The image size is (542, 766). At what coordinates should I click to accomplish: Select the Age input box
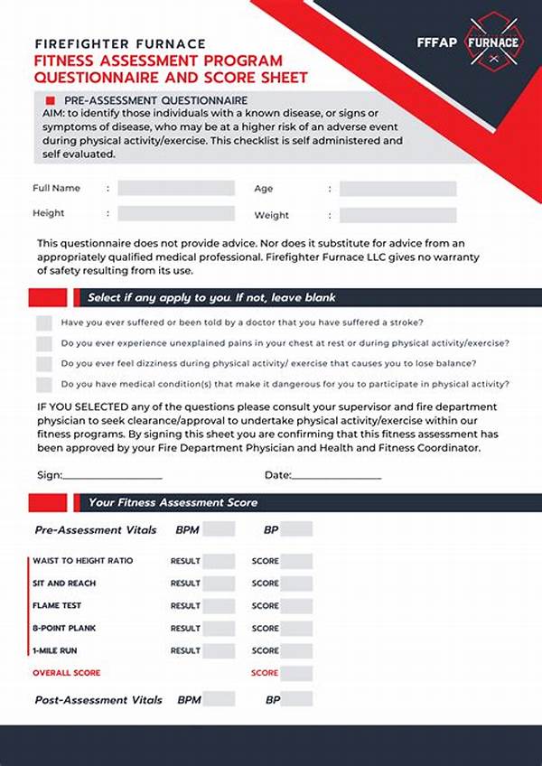click(397, 189)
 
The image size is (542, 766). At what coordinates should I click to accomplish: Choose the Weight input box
click(397, 215)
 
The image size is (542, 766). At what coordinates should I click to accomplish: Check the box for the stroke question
click(44, 322)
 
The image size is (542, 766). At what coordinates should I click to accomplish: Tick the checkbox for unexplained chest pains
click(44, 343)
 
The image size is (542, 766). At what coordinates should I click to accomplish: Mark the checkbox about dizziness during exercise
click(44, 363)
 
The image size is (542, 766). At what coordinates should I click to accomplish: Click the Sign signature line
click(112, 476)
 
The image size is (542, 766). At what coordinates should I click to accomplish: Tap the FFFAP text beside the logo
click(438, 42)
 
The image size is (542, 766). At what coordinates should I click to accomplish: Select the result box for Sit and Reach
click(219, 584)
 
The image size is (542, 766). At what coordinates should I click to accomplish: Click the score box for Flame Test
click(297, 605)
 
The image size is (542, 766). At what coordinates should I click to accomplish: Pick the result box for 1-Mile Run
click(219, 650)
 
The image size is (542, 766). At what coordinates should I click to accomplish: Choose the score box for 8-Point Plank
click(297, 628)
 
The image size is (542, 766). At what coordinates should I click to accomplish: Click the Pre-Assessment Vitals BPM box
click(219, 530)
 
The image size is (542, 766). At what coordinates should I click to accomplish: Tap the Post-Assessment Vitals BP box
click(297, 699)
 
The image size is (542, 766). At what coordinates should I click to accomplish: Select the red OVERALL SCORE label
click(67, 673)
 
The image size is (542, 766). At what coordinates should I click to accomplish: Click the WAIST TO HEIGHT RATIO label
click(82, 561)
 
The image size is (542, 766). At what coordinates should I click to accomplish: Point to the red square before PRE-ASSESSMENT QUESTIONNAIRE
click(51, 99)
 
